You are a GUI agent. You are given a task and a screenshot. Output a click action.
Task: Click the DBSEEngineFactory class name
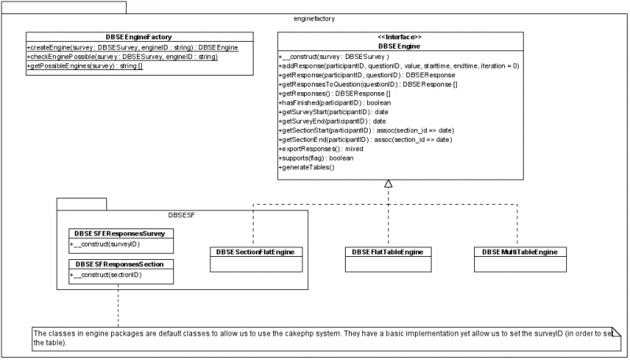[x=139, y=36]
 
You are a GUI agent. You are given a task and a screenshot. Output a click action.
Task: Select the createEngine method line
[x=132, y=47]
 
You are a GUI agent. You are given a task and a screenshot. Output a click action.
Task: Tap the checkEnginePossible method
[x=122, y=57]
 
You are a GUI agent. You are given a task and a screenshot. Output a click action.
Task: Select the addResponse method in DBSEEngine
[x=398, y=66]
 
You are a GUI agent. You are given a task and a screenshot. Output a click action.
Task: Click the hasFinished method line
[x=335, y=102]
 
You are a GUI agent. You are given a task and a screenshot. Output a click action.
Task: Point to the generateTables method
[x=307, y=167]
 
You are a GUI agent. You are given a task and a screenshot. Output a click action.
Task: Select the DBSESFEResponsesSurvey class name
[x=119, y=234]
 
